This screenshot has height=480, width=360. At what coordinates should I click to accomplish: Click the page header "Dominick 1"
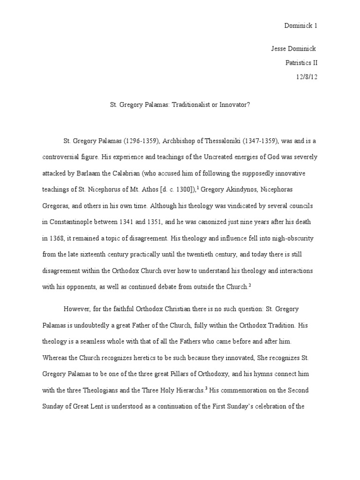pyautogui.click(x=301, y=26)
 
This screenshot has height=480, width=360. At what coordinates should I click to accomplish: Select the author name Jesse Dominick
pyautogui.click(x=293, y=49)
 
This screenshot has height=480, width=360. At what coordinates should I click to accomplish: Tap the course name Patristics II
pyautogui.click(x=302, y=63)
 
